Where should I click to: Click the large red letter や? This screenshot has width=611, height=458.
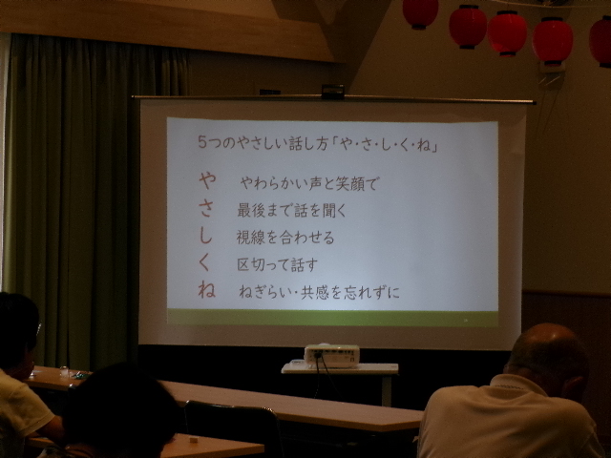click(x=207, y=181)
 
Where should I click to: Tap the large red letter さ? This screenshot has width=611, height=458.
click(x=207, y=208)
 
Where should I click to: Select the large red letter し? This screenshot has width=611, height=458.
click(x=206, y=236)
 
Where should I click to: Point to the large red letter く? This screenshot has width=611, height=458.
click(x=205, y=262)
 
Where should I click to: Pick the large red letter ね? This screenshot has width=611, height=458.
click(x=206, y=290)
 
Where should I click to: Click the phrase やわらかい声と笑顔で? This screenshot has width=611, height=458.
click(x=308, y=183)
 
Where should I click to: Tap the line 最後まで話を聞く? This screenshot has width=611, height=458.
click(x=291, y=210)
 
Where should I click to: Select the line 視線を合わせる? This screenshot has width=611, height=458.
click(x=285, y=238)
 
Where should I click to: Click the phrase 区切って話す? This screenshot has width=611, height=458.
click(x=277, y=264)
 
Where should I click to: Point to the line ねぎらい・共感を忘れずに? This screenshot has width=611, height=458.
click(x=319, y=292)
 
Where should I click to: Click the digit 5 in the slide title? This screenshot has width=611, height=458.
click(x=201, y=142)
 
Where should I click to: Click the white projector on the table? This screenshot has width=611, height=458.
click(x=331, y=356)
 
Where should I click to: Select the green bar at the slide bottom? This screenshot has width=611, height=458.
click(x=332, y=318)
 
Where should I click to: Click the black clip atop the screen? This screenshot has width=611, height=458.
click(x=332, y=92)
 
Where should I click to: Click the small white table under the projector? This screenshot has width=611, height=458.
click(x=340, y=368)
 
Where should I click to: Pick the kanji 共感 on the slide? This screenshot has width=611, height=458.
click(x=315, y=292)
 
